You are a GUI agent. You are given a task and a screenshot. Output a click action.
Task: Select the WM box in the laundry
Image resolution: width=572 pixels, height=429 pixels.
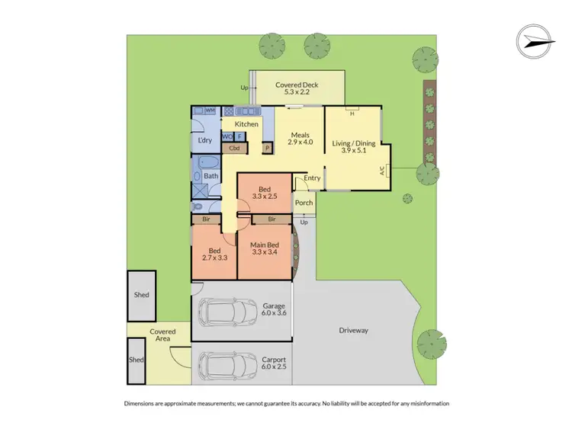[210, 111]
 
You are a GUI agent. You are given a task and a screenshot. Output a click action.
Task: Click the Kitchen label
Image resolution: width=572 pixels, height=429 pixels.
[246, 124]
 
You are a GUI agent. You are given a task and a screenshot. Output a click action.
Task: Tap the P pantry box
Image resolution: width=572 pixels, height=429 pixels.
[268, 149]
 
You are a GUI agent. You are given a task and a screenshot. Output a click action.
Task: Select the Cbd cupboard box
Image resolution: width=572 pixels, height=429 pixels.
[235, 148]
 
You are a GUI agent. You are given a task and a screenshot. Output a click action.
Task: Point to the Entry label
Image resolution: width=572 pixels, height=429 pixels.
[312, 178]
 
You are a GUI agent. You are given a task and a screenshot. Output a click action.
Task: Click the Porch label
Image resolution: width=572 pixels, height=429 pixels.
[304, 203]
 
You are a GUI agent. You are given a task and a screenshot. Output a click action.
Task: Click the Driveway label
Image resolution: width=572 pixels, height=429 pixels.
[353, 331]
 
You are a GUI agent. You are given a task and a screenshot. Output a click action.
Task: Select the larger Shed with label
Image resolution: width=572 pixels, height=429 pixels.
[141, 295]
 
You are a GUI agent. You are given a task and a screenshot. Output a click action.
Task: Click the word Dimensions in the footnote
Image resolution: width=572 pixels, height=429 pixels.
[143, 403]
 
